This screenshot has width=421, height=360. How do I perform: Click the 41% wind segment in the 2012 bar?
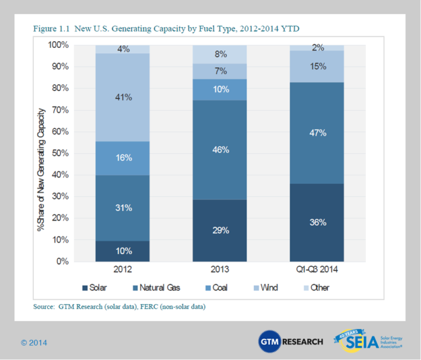tap(123, 97)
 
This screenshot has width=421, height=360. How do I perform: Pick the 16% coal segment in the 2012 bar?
tap(123, 159)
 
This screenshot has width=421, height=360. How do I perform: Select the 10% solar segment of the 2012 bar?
tap(123, 251)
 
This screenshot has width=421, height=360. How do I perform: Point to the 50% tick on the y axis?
tap(58, 153)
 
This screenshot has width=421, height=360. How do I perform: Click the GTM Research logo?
tap(290, 342)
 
